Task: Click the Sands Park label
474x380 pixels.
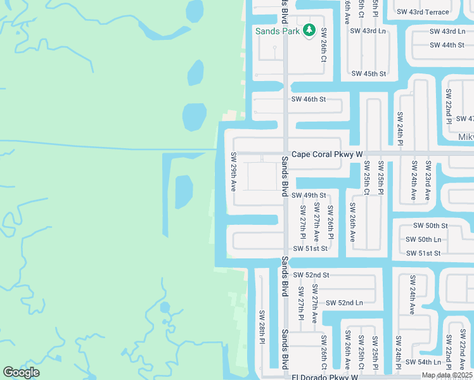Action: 278,30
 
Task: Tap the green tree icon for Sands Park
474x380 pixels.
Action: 309,30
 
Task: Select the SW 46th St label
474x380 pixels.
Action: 308,99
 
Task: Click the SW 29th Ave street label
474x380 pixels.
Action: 234,172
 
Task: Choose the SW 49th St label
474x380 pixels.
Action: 309,196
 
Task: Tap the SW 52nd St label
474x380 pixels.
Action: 311,275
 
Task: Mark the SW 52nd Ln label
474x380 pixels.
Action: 345,303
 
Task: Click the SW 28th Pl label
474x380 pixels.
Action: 261,327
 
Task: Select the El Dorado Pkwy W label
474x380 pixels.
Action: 324,376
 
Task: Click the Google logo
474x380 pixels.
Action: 21,372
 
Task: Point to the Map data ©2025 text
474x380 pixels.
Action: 447,375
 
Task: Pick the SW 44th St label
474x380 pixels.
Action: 447,45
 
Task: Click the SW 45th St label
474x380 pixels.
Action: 368,73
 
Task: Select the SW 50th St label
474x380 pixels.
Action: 430,225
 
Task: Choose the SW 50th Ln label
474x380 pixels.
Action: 423,239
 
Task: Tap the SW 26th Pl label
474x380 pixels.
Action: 330,219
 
